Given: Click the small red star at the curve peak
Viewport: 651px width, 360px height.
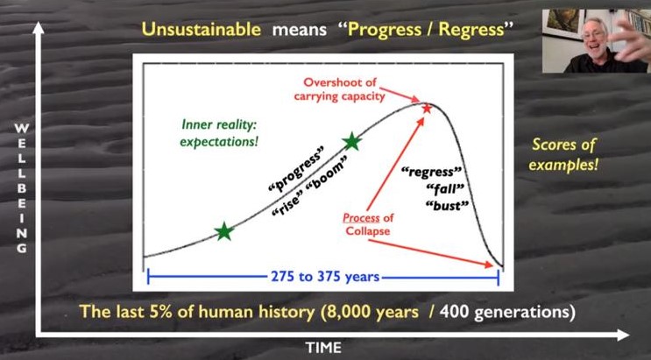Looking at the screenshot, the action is (x=427, y=109).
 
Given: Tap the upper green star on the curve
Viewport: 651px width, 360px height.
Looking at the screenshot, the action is (x=352, y=142).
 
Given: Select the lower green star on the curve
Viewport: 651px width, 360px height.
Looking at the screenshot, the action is (x=224, y=231).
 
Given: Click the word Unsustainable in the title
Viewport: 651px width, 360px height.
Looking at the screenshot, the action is (x=202, y=30).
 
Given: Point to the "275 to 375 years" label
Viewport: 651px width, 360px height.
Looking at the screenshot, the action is (x=325, y=277).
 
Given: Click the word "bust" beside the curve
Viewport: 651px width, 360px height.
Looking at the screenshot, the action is (x=447, y=206).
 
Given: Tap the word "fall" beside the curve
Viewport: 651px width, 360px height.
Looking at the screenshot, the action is (x=444, y=190).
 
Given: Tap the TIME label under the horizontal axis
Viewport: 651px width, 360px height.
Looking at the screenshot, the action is (x=323, y=347).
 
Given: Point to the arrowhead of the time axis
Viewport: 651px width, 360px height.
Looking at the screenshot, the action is (x=622, y=335).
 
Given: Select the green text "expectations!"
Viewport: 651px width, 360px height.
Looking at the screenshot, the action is (x=219, y=142).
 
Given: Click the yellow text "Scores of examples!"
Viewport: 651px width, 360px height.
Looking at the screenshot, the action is (x=563, y=154).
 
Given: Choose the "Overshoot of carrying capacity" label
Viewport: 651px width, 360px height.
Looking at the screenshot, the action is (x=340, y=89).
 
